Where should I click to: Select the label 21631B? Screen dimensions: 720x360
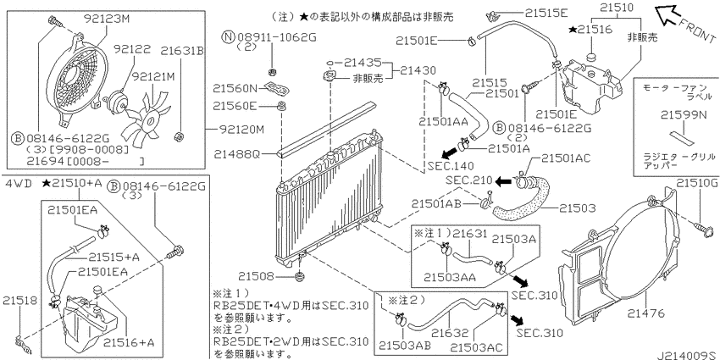click(x=182, y=50)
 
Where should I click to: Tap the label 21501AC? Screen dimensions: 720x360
click(x=566, y=159)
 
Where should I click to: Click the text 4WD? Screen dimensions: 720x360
click(x=19, y=184)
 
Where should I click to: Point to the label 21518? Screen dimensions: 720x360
click(x=19, y=301)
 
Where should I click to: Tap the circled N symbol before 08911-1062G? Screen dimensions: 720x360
click(x=228, y=36)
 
